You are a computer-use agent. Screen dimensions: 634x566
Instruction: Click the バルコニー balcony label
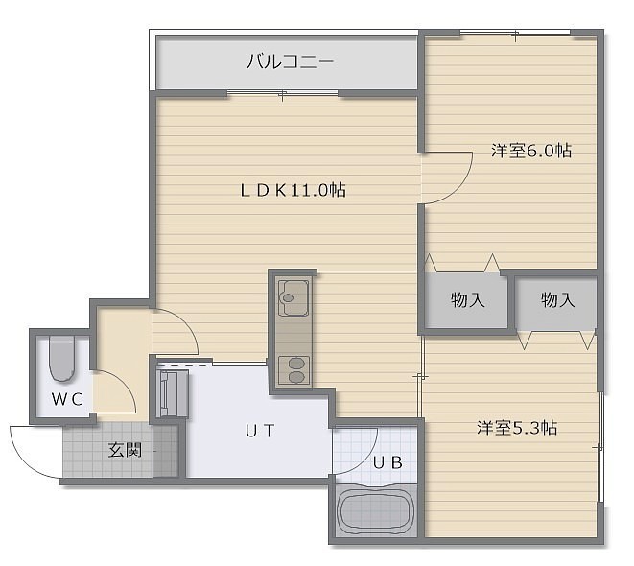291,61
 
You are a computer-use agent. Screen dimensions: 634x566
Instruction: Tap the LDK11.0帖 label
294,190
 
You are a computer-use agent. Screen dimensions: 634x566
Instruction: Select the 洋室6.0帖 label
531,151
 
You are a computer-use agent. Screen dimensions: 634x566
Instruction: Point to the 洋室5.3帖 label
517,428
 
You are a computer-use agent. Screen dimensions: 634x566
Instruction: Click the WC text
67,399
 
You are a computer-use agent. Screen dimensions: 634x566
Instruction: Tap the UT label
260,431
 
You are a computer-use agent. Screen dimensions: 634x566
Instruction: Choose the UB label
387,462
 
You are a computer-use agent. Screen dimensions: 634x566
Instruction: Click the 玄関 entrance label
125,450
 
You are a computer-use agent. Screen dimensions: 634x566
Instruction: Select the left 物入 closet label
467,299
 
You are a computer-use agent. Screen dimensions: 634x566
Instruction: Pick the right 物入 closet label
557,299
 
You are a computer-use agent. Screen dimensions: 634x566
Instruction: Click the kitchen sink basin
294,298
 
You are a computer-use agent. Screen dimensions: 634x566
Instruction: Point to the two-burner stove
294,370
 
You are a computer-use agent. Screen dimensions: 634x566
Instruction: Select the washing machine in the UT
173,394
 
